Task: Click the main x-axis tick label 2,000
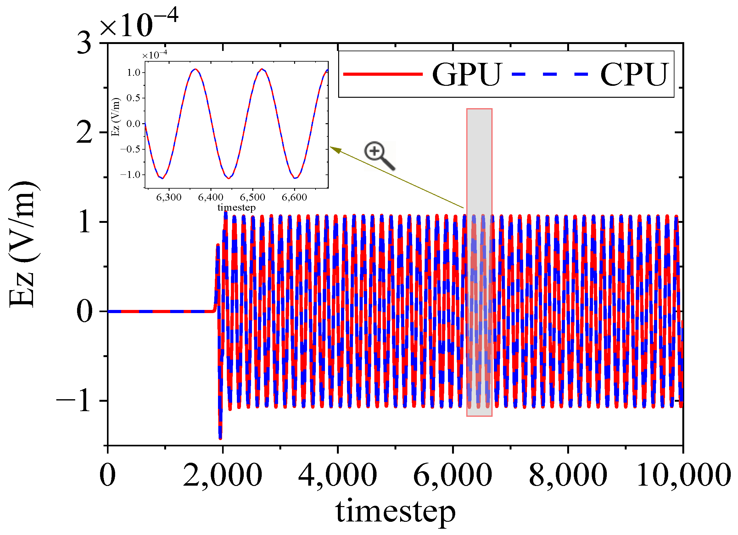coord(223,475)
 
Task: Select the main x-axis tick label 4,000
coord(338,475)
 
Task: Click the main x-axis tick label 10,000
coord(683,475)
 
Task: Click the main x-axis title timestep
coord(395,511)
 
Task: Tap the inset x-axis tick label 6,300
coord(169,197)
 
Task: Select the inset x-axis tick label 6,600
coord(294,197)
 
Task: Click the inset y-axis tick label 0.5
coord(133,98)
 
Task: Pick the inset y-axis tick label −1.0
coord(130,175)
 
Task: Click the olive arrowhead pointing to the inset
coord(335,150)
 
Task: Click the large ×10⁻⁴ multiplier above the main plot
coord(138,25)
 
